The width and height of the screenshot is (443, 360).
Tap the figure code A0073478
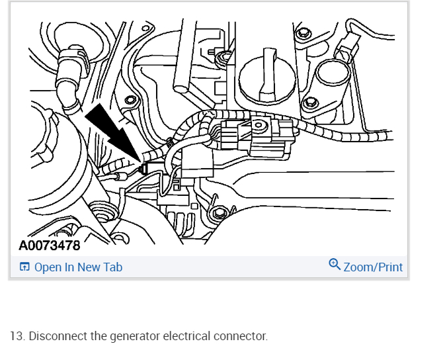pyautogui.click(x=49, y=246)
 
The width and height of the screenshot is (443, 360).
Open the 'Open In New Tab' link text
pyautogui.click(x=78, y=267)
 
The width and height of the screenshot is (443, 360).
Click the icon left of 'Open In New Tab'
pyautogui.click(x=24, y=267)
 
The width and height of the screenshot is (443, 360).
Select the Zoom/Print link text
pyautogui.click(x=373, y=267)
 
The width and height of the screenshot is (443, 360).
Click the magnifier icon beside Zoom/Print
pyautogui.click(x=335, y=265)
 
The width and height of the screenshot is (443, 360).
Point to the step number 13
pyautogui.click(x=17, y=336)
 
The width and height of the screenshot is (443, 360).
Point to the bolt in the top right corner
pyautogui.click(x=303, y=32)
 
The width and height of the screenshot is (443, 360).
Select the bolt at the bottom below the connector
pyautogui.click(x=218, y=214)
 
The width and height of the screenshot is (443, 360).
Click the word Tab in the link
pyautogui.click(x=112, y=267)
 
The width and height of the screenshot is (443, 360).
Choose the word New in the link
pyautogui.click(x=89, y=267)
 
